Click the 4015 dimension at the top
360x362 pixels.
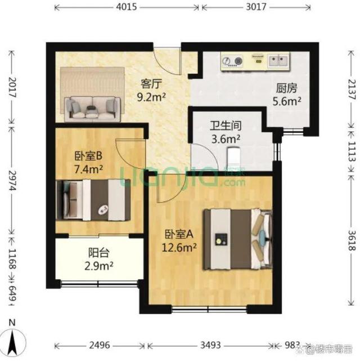(x=127, y=7)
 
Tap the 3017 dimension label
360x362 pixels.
(x=256, y=7)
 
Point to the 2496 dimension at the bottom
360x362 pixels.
(x=100, y=345)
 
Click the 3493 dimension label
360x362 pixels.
(x=210, y=345)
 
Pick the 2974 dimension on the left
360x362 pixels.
(x=12, y=180)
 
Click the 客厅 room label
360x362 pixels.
(x=151, y=84)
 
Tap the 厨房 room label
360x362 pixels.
(x=287, y=88)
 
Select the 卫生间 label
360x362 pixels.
(x=226, y=126)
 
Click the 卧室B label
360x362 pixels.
(x=88, y=156)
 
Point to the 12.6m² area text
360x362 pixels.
(x=179, y=248)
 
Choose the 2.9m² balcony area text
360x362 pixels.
(x=98, y=266)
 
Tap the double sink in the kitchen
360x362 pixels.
(x=278, y=60)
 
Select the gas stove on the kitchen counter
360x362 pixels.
(x=232, y=61)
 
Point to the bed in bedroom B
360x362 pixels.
(x=93, y=200)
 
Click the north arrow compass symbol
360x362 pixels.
(x=13, y=340)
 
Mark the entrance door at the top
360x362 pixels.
(x=168, y=60)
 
